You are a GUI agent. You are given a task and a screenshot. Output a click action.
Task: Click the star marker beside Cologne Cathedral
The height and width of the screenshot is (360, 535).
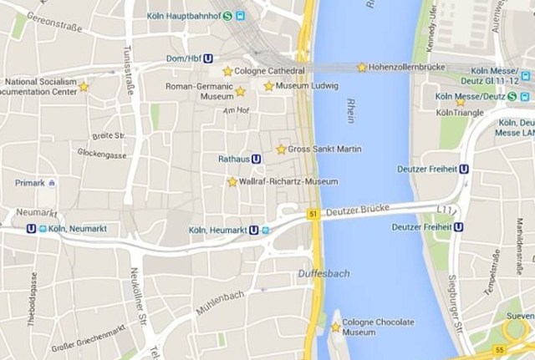(x=227, y=72)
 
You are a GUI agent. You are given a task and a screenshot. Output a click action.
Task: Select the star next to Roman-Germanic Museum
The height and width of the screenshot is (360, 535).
(x=240, y=91)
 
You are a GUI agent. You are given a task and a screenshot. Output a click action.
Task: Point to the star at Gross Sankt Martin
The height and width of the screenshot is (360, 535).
(x=281, y=150)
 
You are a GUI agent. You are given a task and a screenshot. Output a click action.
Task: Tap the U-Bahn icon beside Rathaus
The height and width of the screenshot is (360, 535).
(x=256, y=158)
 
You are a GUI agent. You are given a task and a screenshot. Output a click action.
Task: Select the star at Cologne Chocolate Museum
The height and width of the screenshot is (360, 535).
(x=336, y=327)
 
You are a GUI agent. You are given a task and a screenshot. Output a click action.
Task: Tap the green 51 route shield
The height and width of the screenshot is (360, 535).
(x=313, y=215)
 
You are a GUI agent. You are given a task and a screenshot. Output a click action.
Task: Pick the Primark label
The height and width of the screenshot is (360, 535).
(x=29, y=182)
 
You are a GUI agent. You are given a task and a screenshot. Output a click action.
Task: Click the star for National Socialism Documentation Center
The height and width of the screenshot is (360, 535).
(x=84, y=86)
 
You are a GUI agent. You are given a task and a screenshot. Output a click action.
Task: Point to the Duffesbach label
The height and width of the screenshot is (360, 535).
(x=324, y=273)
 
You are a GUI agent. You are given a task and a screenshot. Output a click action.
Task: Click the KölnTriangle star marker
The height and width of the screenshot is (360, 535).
(x=460, y=102)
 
